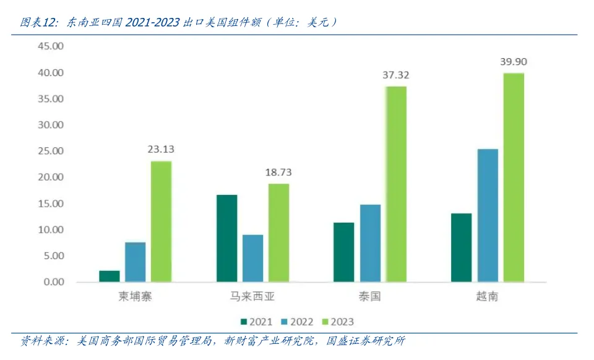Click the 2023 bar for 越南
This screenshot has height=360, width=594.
click(x=513, y=178)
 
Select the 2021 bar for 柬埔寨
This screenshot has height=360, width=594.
click(x=110, y=276)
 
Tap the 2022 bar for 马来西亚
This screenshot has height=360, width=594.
click(x=252, y=258)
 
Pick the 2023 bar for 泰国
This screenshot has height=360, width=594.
click(x=396, y=184)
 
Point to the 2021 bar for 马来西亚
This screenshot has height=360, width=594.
click(x=226, y=238)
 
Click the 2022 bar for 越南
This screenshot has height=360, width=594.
click(x=488, y=215)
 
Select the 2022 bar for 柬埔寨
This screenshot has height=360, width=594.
click(x=135, y=262)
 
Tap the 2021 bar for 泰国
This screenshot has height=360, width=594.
click(x=343, y=252)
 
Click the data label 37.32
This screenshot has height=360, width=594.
click(x=395, y=75)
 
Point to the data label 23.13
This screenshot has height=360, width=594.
click(x=161, y=149)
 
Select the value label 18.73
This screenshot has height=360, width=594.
click(x=278, y=172)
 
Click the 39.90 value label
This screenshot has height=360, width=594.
click(x=514, y=62)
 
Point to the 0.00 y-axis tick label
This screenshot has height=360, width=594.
click(x=53, y=282)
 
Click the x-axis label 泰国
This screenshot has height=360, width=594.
click(x=369, y=297)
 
